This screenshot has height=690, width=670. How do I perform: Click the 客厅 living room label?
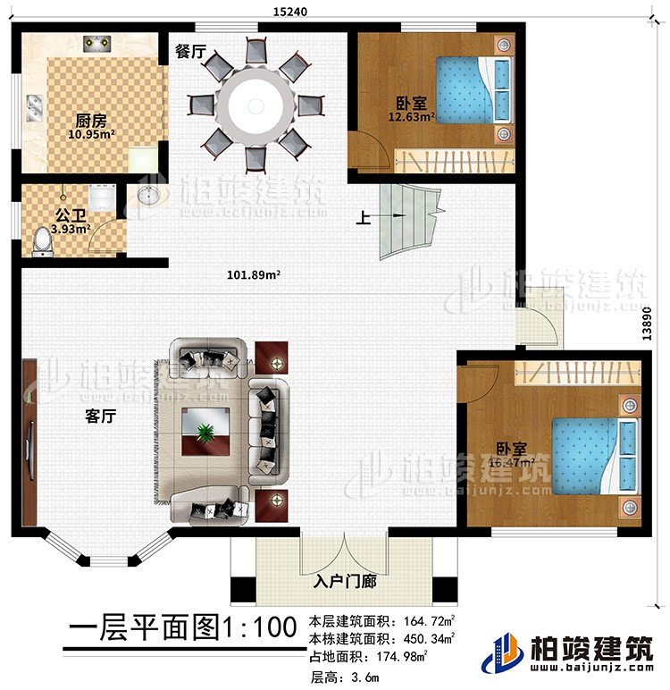tap(100, 416)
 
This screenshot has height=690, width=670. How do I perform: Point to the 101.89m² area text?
tap(254, 275)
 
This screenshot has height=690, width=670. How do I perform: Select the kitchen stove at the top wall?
tap(96, 43)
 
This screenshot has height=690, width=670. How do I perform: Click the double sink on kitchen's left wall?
tap(35, 109)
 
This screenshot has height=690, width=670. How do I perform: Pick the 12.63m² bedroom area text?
tap(410, 114)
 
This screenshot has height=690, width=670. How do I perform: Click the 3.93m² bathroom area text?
tap(46, 229)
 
